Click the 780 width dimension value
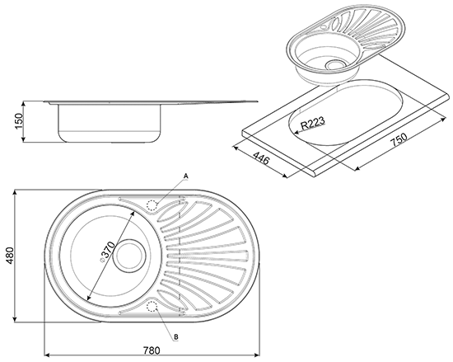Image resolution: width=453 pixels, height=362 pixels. tap(152, 350)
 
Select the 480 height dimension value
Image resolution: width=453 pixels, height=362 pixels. tap(10, 256)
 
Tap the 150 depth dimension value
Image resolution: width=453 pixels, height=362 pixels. tap(18, 121)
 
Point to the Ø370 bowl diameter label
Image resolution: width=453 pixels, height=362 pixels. tap(107, 252)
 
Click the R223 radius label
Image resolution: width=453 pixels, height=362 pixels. tap(312, 123)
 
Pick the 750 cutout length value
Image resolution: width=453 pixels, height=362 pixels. tap(399, 140)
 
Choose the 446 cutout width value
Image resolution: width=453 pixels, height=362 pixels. tap(261, 157)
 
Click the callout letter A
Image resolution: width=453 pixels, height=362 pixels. tap(186, 176)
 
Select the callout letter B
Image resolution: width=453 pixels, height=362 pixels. tap(176, 336)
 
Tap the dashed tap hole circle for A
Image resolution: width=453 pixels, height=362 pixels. tap(152, 205)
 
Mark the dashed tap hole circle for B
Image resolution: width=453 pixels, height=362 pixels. tap(152, 307)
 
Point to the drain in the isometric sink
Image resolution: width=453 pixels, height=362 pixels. tap(335, 65)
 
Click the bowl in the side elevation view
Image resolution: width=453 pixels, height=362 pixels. tap(110, 123)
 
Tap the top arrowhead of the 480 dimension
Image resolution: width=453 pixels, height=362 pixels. tap(15, 193)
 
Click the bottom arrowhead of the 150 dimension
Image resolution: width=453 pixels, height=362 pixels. tap(24, 139)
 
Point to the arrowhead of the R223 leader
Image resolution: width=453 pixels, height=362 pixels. tap(296, 132)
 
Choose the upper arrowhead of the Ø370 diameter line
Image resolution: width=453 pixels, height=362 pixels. tap(133, 214)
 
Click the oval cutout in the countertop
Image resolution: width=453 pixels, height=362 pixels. tap(345, 111)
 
